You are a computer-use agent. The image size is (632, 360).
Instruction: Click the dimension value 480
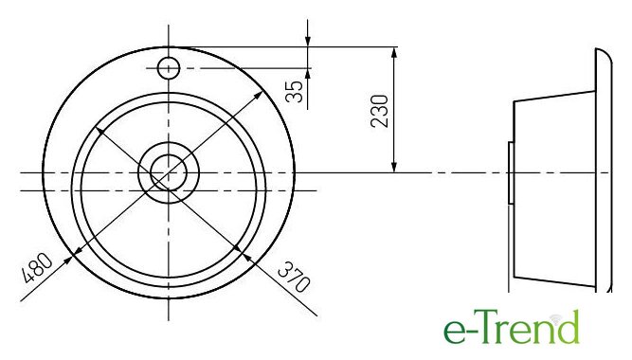(x=37, y=268)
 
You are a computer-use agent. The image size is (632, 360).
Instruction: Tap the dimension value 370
(x=295, y=277)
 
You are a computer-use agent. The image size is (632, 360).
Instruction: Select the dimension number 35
(x=295, y=92)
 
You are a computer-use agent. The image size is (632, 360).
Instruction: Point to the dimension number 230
(x=380, y=111)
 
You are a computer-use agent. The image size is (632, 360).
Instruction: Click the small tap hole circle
(x=168, y=68)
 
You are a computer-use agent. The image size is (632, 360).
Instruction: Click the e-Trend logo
(x=512, y=327)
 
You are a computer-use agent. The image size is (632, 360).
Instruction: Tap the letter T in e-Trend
(x=489, y=327)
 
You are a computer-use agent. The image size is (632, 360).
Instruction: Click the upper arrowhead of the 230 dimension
(x=394, y=52)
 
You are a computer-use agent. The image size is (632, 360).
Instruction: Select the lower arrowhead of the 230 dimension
(x=394, y=167)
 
